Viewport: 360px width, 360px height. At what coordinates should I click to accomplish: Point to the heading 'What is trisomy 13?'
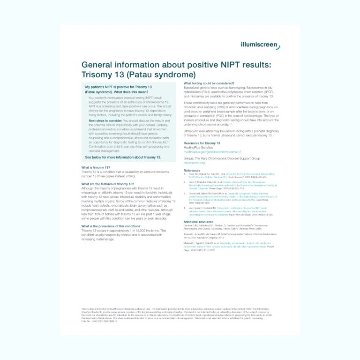[96, 167]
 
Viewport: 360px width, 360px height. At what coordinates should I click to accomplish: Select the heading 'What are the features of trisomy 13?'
[108, 184]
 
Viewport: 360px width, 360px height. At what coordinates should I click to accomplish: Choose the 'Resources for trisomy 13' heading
[202, 143]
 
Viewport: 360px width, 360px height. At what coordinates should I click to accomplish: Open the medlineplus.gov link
[212, 152]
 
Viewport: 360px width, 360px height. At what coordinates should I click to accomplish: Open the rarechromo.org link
[195, 163]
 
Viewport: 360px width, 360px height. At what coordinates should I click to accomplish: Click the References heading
[192, 171]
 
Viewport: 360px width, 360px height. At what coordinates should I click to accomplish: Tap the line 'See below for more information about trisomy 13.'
[123, 157]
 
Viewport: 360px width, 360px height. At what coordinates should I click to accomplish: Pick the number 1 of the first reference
[185, 174]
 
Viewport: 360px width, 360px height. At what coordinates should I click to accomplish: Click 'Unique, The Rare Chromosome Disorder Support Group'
[222, 159]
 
